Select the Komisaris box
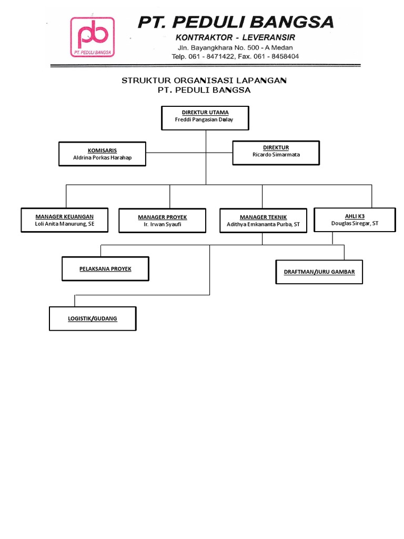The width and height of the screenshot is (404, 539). (102, 154)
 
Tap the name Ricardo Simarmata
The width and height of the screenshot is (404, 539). (276, 155)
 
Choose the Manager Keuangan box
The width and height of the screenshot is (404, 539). (64, 220)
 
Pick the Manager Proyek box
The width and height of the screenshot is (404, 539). (162, 221)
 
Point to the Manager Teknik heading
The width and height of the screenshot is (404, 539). (263, 217)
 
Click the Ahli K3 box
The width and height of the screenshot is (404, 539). (355, 219)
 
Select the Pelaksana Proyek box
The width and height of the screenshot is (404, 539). (105, 269)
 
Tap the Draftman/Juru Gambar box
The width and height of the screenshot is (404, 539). (319, 272)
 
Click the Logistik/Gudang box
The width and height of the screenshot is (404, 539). (93, 319)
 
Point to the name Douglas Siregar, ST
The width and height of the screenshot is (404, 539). (355, 223)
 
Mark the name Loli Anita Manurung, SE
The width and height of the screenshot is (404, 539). (64, 223)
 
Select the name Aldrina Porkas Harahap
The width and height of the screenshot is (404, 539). (102, 157)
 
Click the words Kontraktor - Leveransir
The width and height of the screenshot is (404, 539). (235, 37)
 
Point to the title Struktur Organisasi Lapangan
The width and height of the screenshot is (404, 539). (204, 81)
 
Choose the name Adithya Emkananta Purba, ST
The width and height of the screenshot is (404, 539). (263, 225)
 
